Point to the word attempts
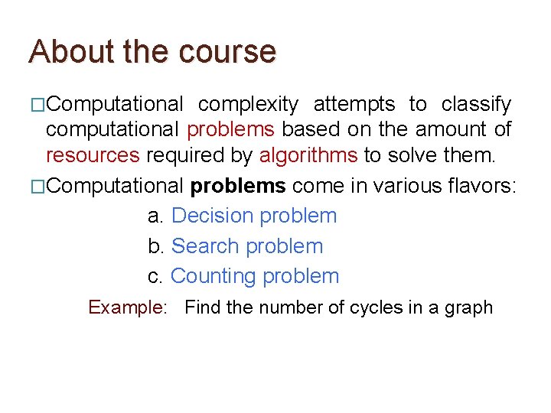point(354,104)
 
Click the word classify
point(476,104)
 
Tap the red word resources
point(93,156)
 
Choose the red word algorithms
point(308,156)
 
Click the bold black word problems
point(238,186)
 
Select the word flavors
point(483,186)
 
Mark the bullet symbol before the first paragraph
point(37,105)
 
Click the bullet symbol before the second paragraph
point(37,187)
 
